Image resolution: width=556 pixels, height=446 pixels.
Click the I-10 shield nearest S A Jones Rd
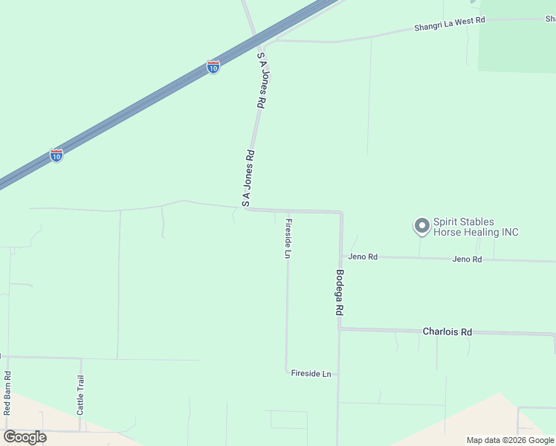[213, 68]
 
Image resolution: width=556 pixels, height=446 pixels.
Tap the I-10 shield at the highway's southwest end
[56, 155]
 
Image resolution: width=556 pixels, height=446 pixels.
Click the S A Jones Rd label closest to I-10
[262, 82]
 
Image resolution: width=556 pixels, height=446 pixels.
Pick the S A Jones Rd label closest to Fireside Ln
[249, 178]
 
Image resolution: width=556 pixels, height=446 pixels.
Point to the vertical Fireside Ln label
[288, 239]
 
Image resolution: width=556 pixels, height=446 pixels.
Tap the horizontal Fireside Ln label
[311, 373]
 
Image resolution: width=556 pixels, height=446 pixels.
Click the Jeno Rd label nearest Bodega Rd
[363, 257]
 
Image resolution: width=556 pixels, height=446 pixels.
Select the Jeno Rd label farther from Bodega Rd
[467, 259]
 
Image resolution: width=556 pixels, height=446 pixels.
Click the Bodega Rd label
[339, 292]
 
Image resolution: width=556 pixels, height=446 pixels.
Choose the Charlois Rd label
[447, 332]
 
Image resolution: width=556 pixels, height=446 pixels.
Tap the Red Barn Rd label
[7, 393]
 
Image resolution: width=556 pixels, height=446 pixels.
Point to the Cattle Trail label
[80, 395]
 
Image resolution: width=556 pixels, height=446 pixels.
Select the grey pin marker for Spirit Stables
[421, 225]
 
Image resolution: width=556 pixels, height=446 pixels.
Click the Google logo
[25, 436]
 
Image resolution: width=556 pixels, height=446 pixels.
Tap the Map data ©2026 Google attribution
[510, 440]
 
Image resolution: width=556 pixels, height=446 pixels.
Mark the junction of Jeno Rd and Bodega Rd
[341, 256]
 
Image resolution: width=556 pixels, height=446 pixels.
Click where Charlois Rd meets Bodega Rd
[340, 329]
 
